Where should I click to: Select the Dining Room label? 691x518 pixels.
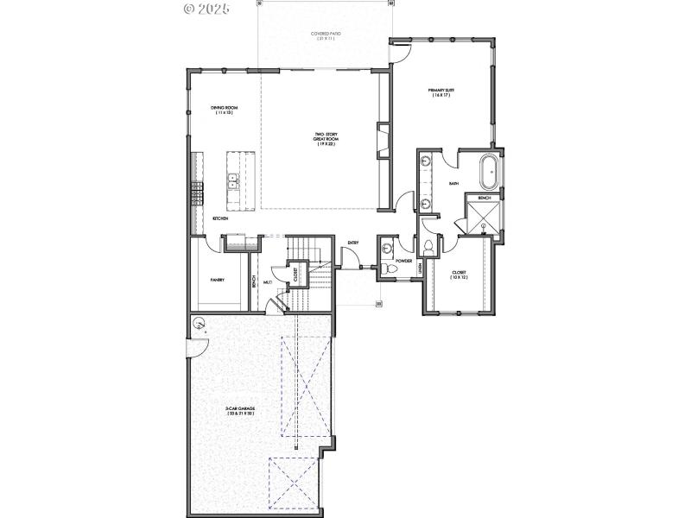pos(224,111)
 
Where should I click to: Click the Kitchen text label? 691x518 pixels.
pos(220,218)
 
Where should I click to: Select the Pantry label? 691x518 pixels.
pos(218,280)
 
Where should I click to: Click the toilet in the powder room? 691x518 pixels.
pos(390,268)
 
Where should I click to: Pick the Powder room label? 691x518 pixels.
pos(403,260)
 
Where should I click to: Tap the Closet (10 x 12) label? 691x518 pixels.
pos(460,275)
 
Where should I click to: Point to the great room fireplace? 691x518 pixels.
pos(380,141)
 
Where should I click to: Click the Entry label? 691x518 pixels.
pos(352,243)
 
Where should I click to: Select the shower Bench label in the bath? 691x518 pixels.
pos(484,199)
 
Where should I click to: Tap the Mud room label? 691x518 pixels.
pos(268,281)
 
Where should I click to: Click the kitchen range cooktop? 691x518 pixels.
pos(197,192)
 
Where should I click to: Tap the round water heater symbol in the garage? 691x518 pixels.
pos(200,325)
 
